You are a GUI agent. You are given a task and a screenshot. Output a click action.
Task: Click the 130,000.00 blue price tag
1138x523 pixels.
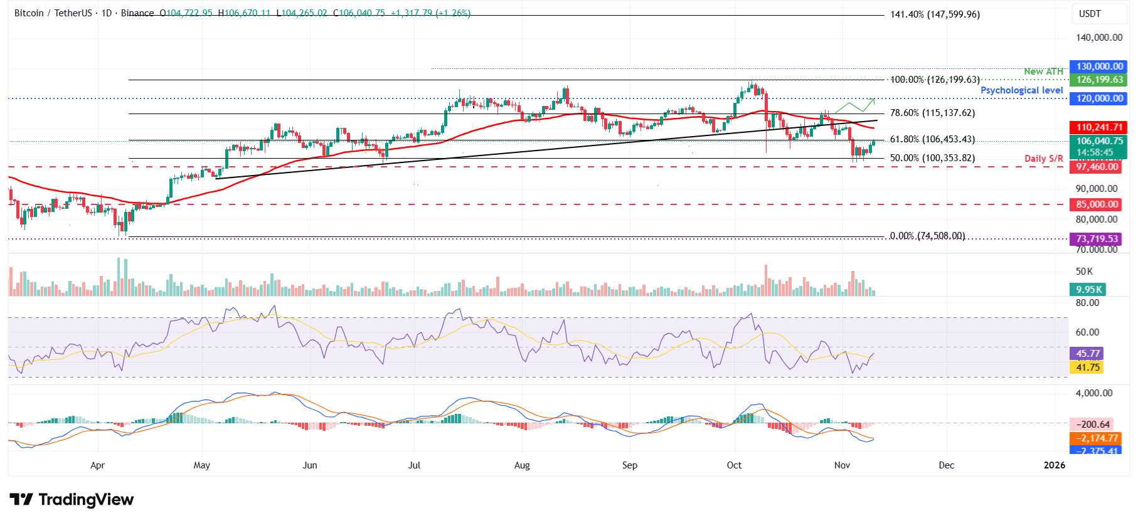click(1098, 66)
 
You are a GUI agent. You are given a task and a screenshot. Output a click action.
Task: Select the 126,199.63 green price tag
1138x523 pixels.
click(1098, 80)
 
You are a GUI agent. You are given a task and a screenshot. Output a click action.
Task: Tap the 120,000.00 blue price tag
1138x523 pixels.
click(1098, 98)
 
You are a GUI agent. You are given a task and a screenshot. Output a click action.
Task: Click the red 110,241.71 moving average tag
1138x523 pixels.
click(1098, 127)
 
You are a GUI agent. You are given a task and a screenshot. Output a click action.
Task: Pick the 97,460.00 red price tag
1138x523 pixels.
click(1097, 166)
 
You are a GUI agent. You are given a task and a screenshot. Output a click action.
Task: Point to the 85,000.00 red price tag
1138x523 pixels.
click(1097, 204)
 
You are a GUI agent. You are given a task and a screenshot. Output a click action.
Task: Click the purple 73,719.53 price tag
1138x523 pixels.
click(1097, 239)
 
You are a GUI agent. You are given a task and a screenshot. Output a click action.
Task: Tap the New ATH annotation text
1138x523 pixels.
click(1043, 71)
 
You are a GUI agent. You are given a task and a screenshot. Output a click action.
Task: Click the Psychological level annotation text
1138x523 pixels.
click(1021, 90)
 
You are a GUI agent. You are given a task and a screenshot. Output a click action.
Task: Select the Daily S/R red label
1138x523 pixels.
click(1043, 159)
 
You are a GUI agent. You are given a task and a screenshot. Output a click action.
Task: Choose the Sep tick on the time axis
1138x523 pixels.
click(629, 465)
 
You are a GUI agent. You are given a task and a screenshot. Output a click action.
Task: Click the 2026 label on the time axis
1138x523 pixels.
click(1054, 465)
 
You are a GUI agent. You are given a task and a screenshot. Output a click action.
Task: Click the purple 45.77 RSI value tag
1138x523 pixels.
click(1087, 354)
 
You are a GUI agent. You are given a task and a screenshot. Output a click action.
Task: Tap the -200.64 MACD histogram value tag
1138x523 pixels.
click(1092, 425)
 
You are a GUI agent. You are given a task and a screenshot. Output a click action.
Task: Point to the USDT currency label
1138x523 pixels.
click(1090, 14)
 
